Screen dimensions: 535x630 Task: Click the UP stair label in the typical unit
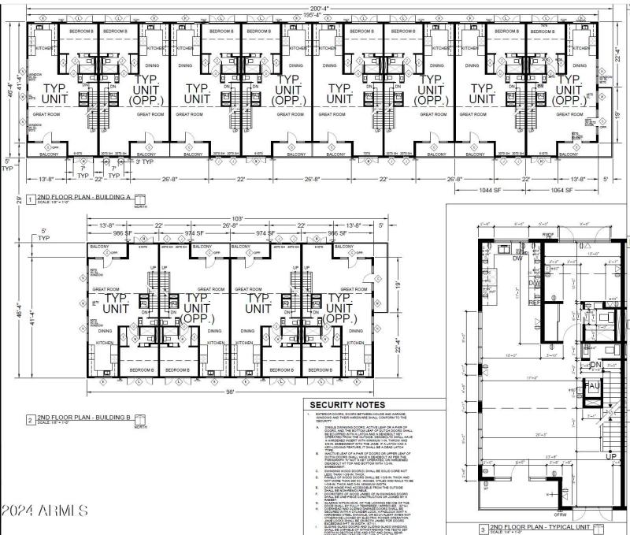coord(610,456)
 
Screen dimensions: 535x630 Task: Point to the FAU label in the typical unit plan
coord(591,387)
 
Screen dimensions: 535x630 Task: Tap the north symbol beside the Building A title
coord(140,200)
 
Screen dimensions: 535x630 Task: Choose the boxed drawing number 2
coord(29,420)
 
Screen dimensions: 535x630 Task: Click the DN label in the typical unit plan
coord(596,365)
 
